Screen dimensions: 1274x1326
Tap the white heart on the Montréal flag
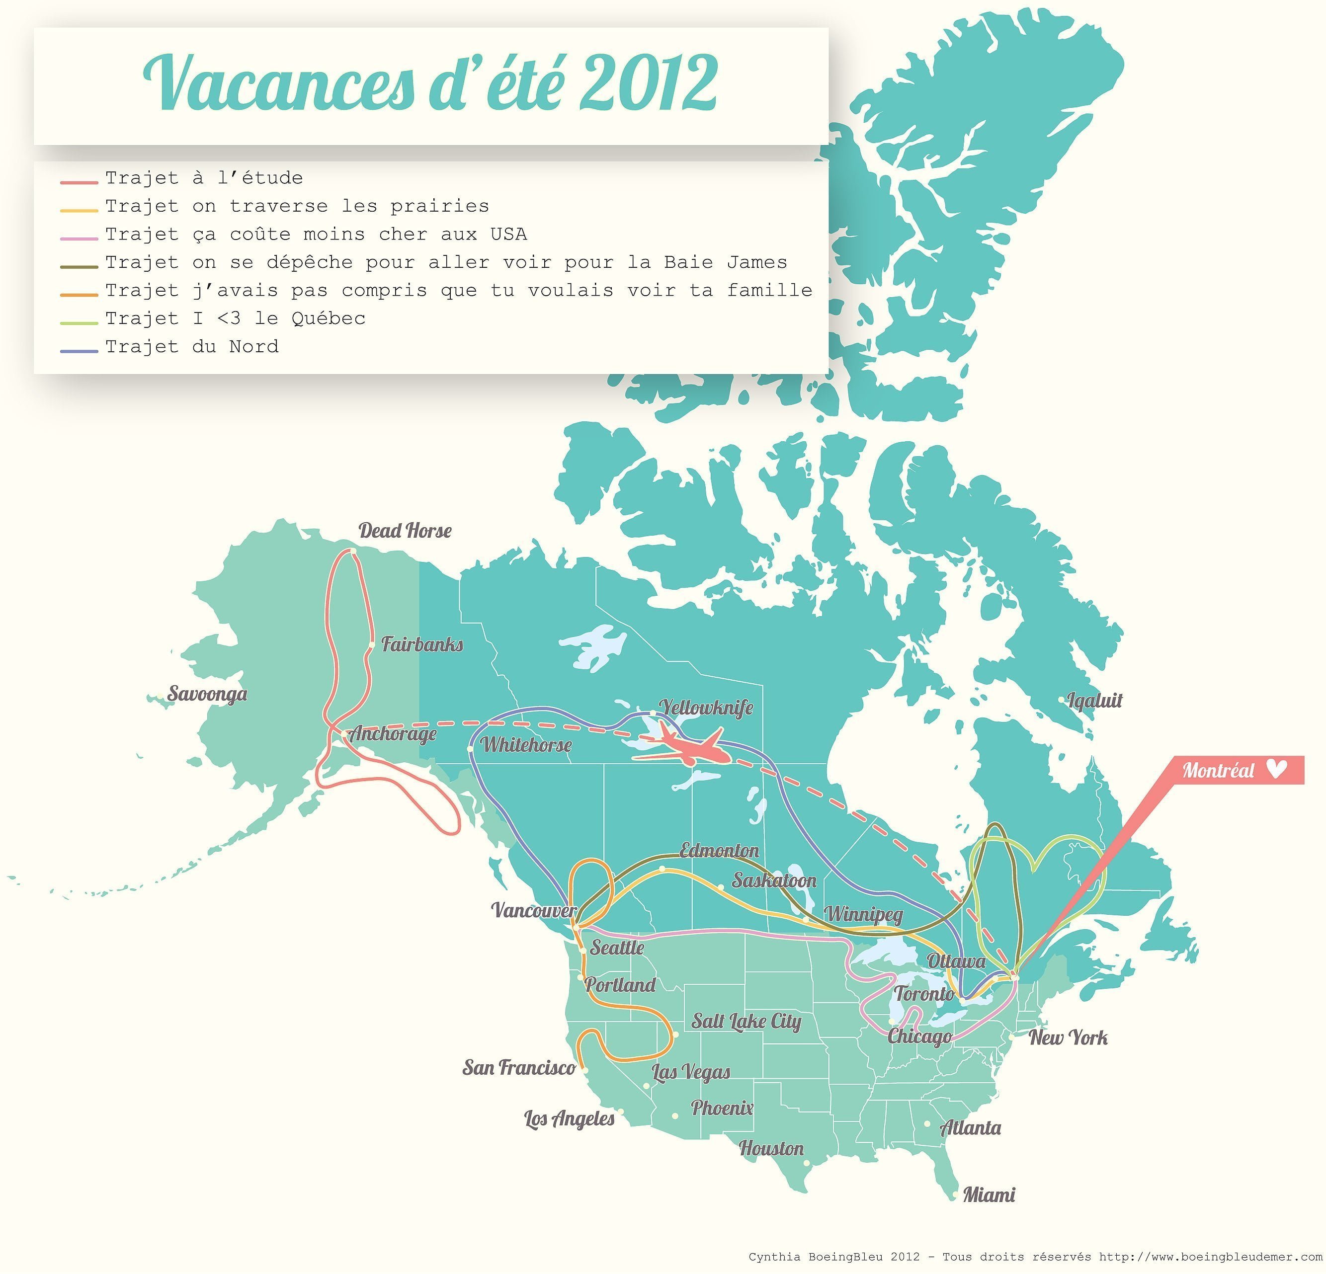tap(1275, 770)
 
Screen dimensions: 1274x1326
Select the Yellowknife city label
tap(706, 708)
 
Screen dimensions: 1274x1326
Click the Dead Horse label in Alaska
tap(405, 531)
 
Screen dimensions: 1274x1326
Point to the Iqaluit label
tap(1094, 700)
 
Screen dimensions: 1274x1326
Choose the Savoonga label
tap(207, 694)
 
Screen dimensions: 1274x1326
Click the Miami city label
tap(989, 1195)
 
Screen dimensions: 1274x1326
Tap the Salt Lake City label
tap(746, 1021)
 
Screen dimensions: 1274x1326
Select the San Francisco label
tap(518, 1067)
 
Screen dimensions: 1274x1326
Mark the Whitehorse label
tap(526, 745)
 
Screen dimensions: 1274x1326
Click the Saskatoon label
tap(774, 880)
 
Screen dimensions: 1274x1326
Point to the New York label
tap(1068, 1037)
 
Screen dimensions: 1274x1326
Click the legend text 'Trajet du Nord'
tap(191, 347)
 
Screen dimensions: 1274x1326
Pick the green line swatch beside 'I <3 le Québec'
tap(79, 323)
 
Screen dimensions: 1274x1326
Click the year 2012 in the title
tap(648, 84)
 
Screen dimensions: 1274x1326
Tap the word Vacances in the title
tap(278, 84)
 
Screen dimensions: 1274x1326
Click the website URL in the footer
tap(1210, 1257)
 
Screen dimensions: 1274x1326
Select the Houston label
tap(771, 1148)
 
